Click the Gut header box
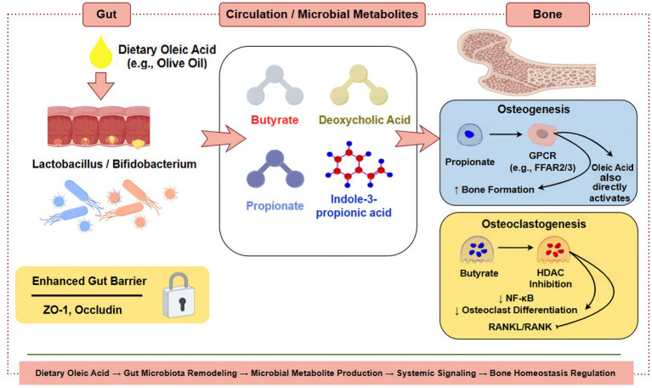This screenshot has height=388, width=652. point(106,14)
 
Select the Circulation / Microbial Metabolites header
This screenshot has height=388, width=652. point(322,14)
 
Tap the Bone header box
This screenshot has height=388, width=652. point(547,14)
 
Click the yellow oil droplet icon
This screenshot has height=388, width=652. point(101,52)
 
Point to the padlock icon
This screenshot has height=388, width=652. point(179,295)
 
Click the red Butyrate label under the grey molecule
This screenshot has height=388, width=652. point(275,120)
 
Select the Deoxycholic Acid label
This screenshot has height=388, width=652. point(365,120)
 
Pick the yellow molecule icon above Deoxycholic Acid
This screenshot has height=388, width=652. point(359,85)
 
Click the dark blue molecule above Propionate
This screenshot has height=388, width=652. point(275,168)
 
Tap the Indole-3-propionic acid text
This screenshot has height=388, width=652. point(354,206)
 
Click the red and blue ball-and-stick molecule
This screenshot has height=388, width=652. point(359,164)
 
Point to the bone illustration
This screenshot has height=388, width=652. point(526,62)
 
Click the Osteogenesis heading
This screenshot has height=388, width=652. point(534,109)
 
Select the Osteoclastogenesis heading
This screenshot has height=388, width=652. point(534,224)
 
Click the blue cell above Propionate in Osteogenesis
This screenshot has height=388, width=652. point(470,135)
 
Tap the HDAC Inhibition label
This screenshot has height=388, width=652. point(550,278)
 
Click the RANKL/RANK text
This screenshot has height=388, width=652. point(519,327)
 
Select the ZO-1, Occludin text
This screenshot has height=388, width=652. point(82,310)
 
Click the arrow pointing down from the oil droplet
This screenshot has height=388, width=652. point(100,86)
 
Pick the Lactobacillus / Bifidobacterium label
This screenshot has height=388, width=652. point(115,164)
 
